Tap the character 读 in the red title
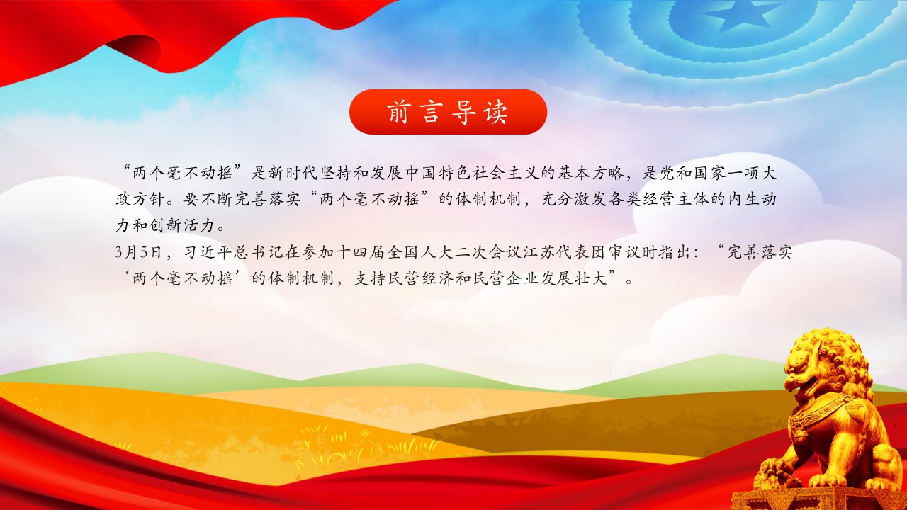[x=495, y=112]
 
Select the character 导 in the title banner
[x=463, y=112]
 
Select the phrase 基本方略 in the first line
[x=590, y=173]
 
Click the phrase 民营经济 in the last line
[x=421, y=278]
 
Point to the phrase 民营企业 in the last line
[x=506, y=278]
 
